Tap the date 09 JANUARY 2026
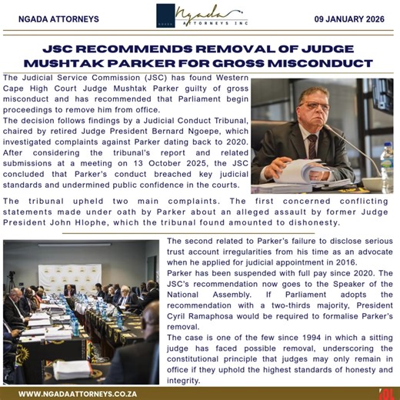click(355, 18)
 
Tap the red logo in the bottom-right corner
click(387, 392)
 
